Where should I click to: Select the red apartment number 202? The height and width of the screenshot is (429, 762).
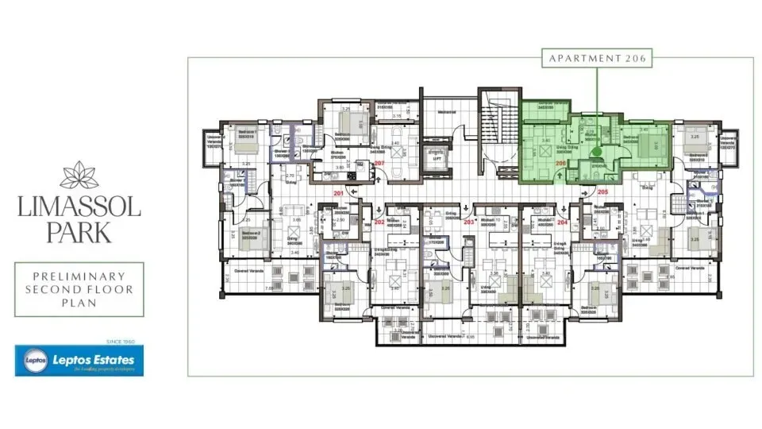(x=379, y=222)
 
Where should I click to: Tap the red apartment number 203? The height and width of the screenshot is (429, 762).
(x=468, y=222)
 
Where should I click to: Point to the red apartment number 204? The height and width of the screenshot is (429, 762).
(x=563, y=222)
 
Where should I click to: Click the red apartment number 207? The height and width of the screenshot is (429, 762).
(x=379, y=164)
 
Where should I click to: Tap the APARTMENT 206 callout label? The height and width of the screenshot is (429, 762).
(x=596, y=58)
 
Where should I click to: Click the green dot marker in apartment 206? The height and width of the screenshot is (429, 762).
(x=597, y=152)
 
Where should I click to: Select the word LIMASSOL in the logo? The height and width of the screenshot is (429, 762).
(x=79, y=209)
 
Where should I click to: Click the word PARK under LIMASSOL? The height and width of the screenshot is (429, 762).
(x=79, y=234)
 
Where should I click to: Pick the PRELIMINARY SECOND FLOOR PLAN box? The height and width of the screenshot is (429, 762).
(x=79, y=289)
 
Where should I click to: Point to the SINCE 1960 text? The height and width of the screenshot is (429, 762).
(x=120, y=342)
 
